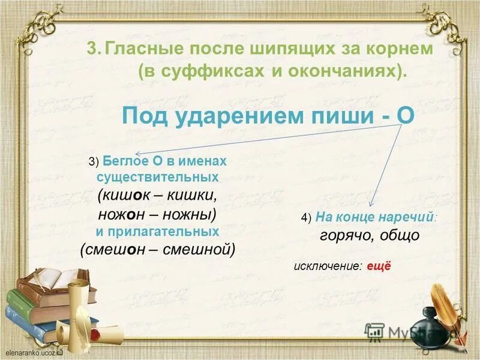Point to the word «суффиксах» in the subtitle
209,72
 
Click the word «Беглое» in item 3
124,162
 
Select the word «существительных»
157,178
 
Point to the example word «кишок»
127,196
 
